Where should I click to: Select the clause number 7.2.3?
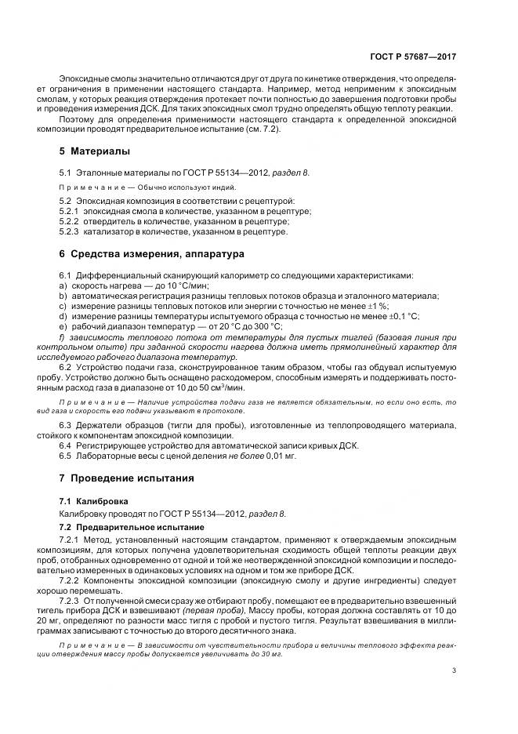[x=72, y=598]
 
